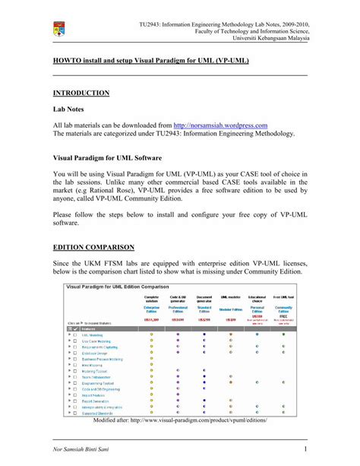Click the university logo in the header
pos(59,30)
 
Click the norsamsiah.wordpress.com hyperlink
pos(220,125)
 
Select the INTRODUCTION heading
pos(81,93)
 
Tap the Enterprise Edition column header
pos(152,309)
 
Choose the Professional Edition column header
pos(178,309)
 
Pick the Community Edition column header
pos(283,309)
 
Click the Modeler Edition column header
pos(231,309)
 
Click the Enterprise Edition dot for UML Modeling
pos(152,334)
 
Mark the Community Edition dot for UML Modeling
pos(283,334)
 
